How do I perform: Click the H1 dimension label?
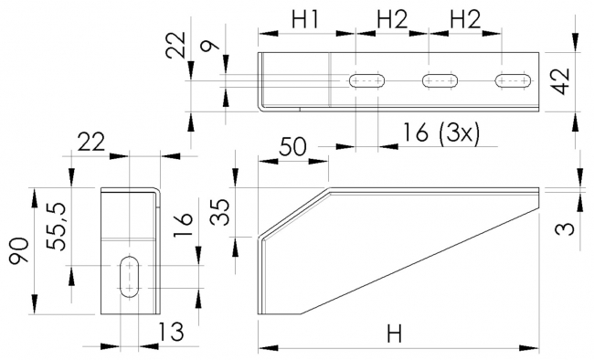coord(306,19)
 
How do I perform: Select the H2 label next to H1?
coord(392,19)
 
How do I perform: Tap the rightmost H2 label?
coord(465,19)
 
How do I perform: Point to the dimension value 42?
coord(561,81)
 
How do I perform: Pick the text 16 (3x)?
coord(440,133)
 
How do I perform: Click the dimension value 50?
coord(292,147)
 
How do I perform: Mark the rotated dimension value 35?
coord(220,213)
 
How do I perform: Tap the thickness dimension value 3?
coord(566,229)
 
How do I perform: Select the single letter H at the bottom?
coord(394,334)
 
